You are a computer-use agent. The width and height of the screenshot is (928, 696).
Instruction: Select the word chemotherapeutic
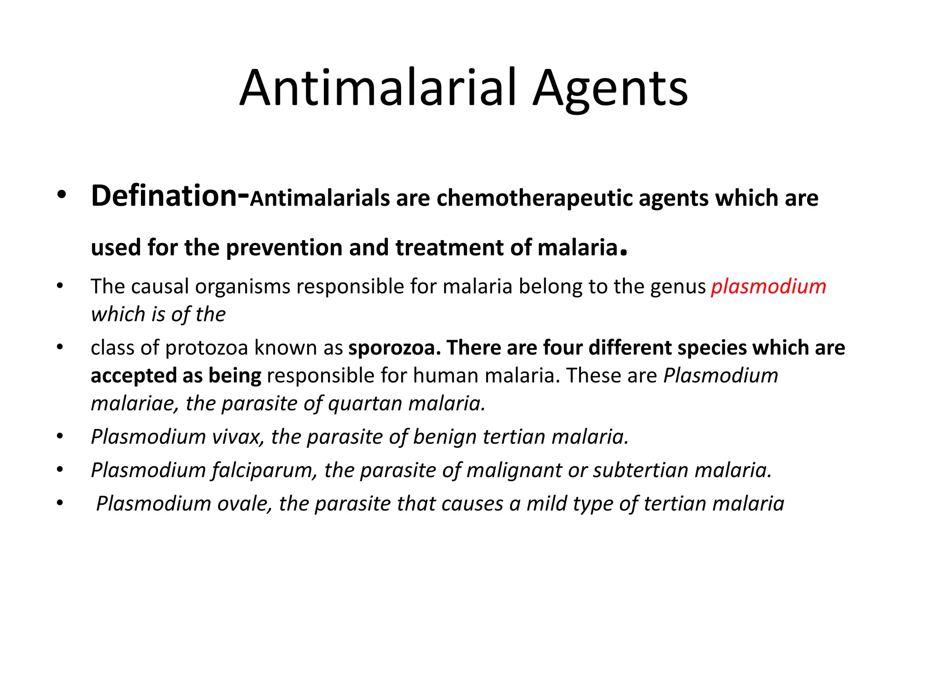(534, 198)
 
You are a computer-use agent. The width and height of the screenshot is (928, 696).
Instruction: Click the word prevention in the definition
(284, 247)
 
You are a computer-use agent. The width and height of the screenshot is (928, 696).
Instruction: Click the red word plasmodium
(768, 286)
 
